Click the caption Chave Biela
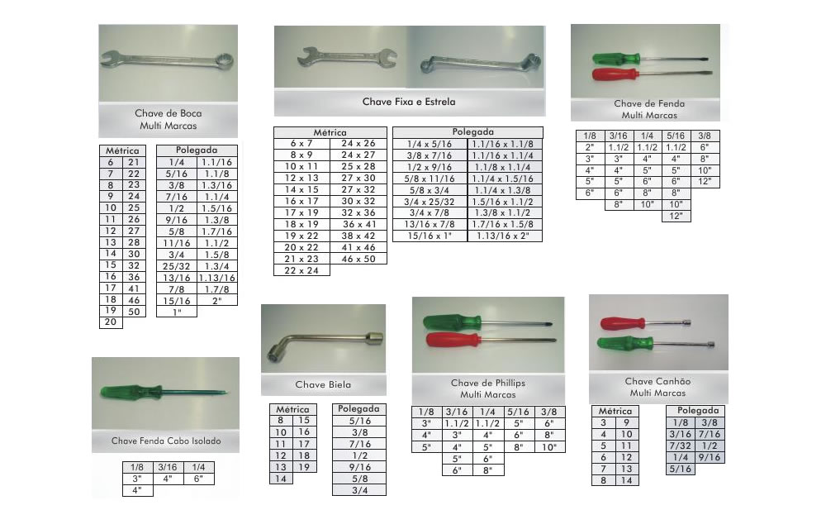pos(323,384)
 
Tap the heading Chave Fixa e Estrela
pos(409,102)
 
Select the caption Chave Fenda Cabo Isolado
pos(166,441)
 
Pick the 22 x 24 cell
pos(301,270)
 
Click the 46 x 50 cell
pos(358,259)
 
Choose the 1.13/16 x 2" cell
pos(505,236)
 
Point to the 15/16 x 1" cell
pos(430,236)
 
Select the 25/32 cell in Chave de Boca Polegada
pos(177,266)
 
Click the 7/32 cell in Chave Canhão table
pos(681,446)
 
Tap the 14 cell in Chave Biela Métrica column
pos(281,479)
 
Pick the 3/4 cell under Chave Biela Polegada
pos(360,490)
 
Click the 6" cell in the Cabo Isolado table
pos(198,479)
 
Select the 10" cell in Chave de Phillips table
pos(549,447)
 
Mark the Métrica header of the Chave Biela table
pos(293,409)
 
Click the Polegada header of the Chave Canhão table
pos(698,411)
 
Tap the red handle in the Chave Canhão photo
pos(623,323)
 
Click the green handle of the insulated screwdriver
pos(131,392)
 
